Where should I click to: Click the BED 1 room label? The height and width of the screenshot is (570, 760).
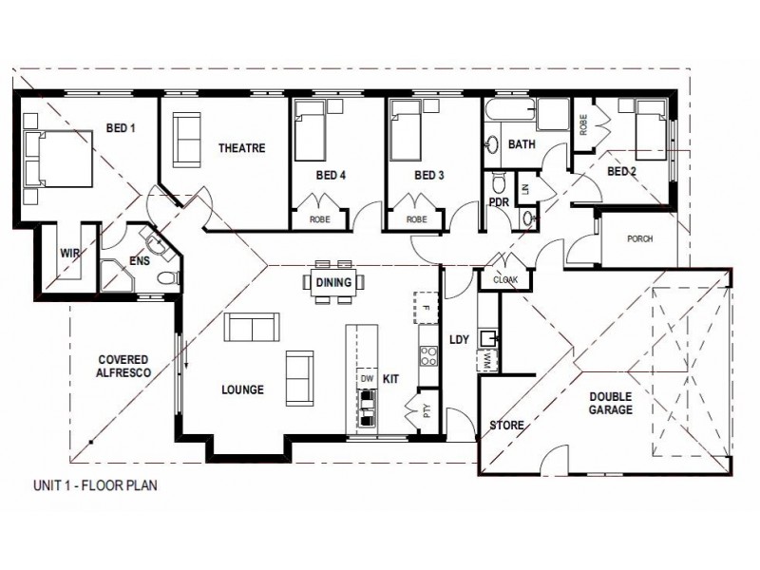pyautogui.click(x=121, y=128)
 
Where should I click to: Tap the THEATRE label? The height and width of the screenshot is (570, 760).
pyautogui.click(x=241, y=148)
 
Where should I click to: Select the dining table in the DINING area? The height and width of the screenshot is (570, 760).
pyautogui.click(x=334, y=282)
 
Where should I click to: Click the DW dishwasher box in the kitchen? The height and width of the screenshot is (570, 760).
pyautogui.click(x=368, y=378)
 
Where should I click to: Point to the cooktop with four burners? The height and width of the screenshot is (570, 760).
pyautogui.click(x=428, y=355)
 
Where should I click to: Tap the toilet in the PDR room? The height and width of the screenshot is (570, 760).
pyautogui.click(x=498, y=182)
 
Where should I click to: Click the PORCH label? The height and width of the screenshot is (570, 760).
pyautogui.click(x=639, y=239)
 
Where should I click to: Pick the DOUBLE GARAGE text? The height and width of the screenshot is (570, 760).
pyautogui.click(x=611, y=403)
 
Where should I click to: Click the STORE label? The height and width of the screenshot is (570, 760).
pyautogui.click(x=507, y=426)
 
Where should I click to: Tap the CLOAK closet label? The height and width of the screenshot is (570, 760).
pyautogui.click(x=505, y=279)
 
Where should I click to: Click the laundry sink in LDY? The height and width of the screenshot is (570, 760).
pyautogui.click(x=486, y=338)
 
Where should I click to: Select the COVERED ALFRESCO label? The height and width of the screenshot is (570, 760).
pyautogui.click(x=124, y=366)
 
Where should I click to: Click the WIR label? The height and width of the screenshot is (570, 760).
pyautogui.click(x=70, y=253)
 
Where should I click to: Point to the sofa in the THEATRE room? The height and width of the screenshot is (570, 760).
pyautogui.click(x=186, y=140)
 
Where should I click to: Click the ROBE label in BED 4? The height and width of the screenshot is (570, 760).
pyautogui.click(x=320, y=219)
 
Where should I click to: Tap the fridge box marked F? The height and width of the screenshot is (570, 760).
pyautogui.click(x=426, y=308)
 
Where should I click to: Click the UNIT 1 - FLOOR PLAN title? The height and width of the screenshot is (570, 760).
pyautogui.click(x=96, y=485)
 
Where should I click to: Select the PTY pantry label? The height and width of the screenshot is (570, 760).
pyautogui.click(x=427, y=411)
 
